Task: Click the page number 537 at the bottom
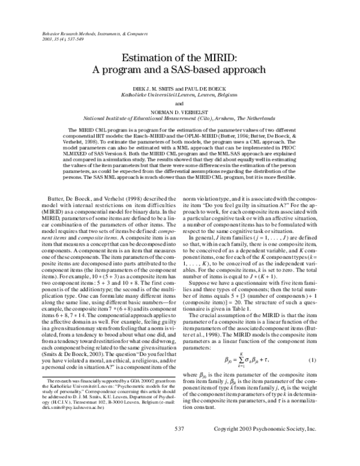coord(179,446)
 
